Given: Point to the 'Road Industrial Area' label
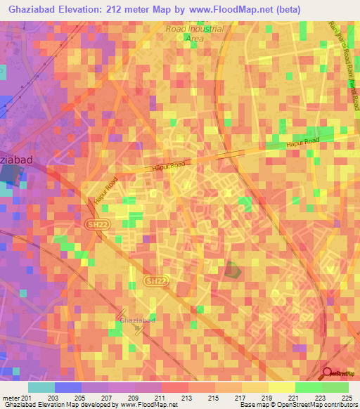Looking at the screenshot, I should tap(194, 34).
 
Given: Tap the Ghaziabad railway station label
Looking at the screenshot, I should tap(136, 320).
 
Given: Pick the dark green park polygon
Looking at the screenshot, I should tap(232, 270).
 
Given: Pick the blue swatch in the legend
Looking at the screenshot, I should tap(67, 387).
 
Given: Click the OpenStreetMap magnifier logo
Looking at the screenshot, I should tap(326, 372).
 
